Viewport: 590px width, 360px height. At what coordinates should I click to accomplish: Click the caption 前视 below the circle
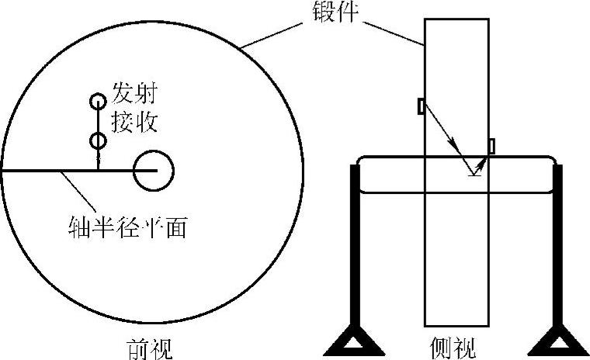point(150,346)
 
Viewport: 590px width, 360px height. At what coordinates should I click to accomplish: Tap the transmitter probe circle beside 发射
point(98,101)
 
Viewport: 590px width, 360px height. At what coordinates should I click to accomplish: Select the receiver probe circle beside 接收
point(98,140)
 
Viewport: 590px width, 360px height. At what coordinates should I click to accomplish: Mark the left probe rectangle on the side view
point(421,106)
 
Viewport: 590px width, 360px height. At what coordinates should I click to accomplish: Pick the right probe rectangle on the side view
point(491,145)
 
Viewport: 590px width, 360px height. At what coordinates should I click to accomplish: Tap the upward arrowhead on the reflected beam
point(483,161)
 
